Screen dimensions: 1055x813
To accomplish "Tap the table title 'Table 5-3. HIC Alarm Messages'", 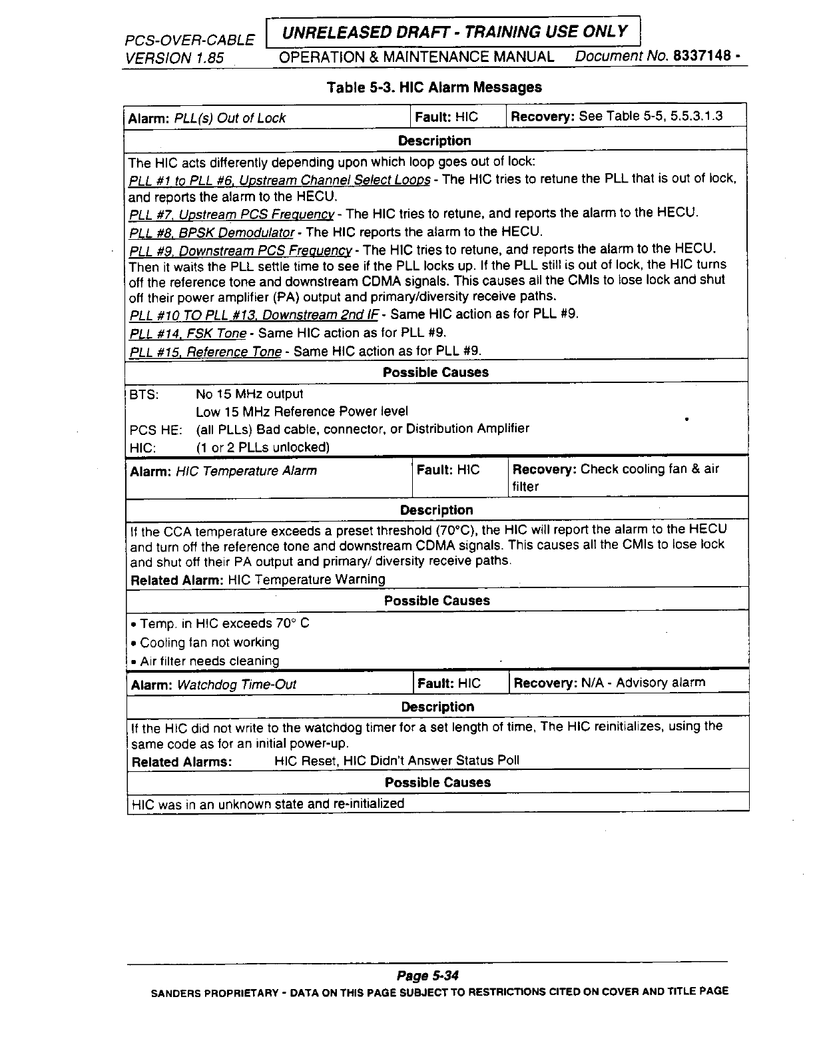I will click(x=433, y=87).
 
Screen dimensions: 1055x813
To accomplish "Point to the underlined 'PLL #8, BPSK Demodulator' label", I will click(x=212, y=232).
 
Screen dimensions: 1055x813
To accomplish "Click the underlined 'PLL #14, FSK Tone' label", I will click(x=188, y=333).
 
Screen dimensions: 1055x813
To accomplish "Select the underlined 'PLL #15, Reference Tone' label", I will click(x=206, y=352).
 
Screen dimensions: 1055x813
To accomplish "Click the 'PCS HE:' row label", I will click(x=155, y=430).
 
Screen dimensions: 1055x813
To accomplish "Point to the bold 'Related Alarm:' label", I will click(x=177, y=579).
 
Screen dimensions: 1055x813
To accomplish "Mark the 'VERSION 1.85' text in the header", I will click(x=174, y=58).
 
